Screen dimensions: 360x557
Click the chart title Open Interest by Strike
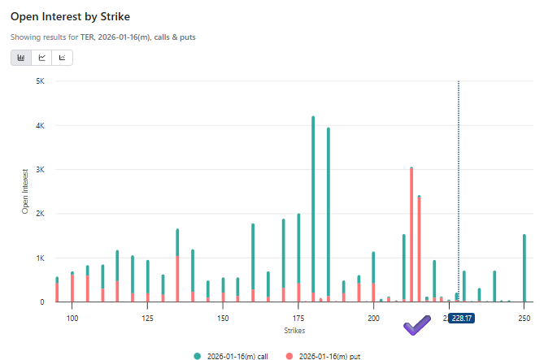click(x=69, y=16)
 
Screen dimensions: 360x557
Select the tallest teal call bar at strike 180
click(x=313, y=203)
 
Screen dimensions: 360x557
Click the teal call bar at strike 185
click(x=329, y=211)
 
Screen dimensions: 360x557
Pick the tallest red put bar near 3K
click(x=411, y=236)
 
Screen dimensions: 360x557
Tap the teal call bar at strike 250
click(x=524, y=268)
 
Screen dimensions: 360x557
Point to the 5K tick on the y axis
click(x=39, y=81)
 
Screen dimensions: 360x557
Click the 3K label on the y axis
click(x=39, y=170)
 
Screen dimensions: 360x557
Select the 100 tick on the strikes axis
click(x=72, y=317)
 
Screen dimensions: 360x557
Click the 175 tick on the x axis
click(x=298, y=317)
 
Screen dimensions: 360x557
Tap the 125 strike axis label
click(x=148, y=317)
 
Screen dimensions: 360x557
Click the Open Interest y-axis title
click(x=25, y=192)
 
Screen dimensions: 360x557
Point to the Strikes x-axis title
click(x=295, y=331)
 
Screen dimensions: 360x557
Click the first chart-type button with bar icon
click(x=21, y=58)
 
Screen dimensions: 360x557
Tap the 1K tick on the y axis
click(x=39, y=258)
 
